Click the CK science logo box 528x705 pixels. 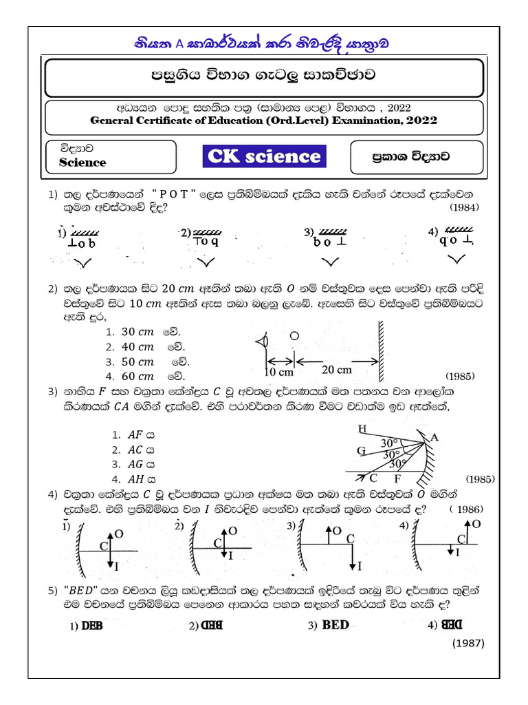(264, 156)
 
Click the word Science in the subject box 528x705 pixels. (82, 162)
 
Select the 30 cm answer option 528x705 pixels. (137, 331)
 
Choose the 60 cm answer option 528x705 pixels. (137, 376)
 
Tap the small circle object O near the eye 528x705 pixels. (294, 336)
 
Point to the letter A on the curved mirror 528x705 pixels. (434, 437)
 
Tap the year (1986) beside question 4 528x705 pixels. (467, 509)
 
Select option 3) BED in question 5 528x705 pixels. (329, 625)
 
